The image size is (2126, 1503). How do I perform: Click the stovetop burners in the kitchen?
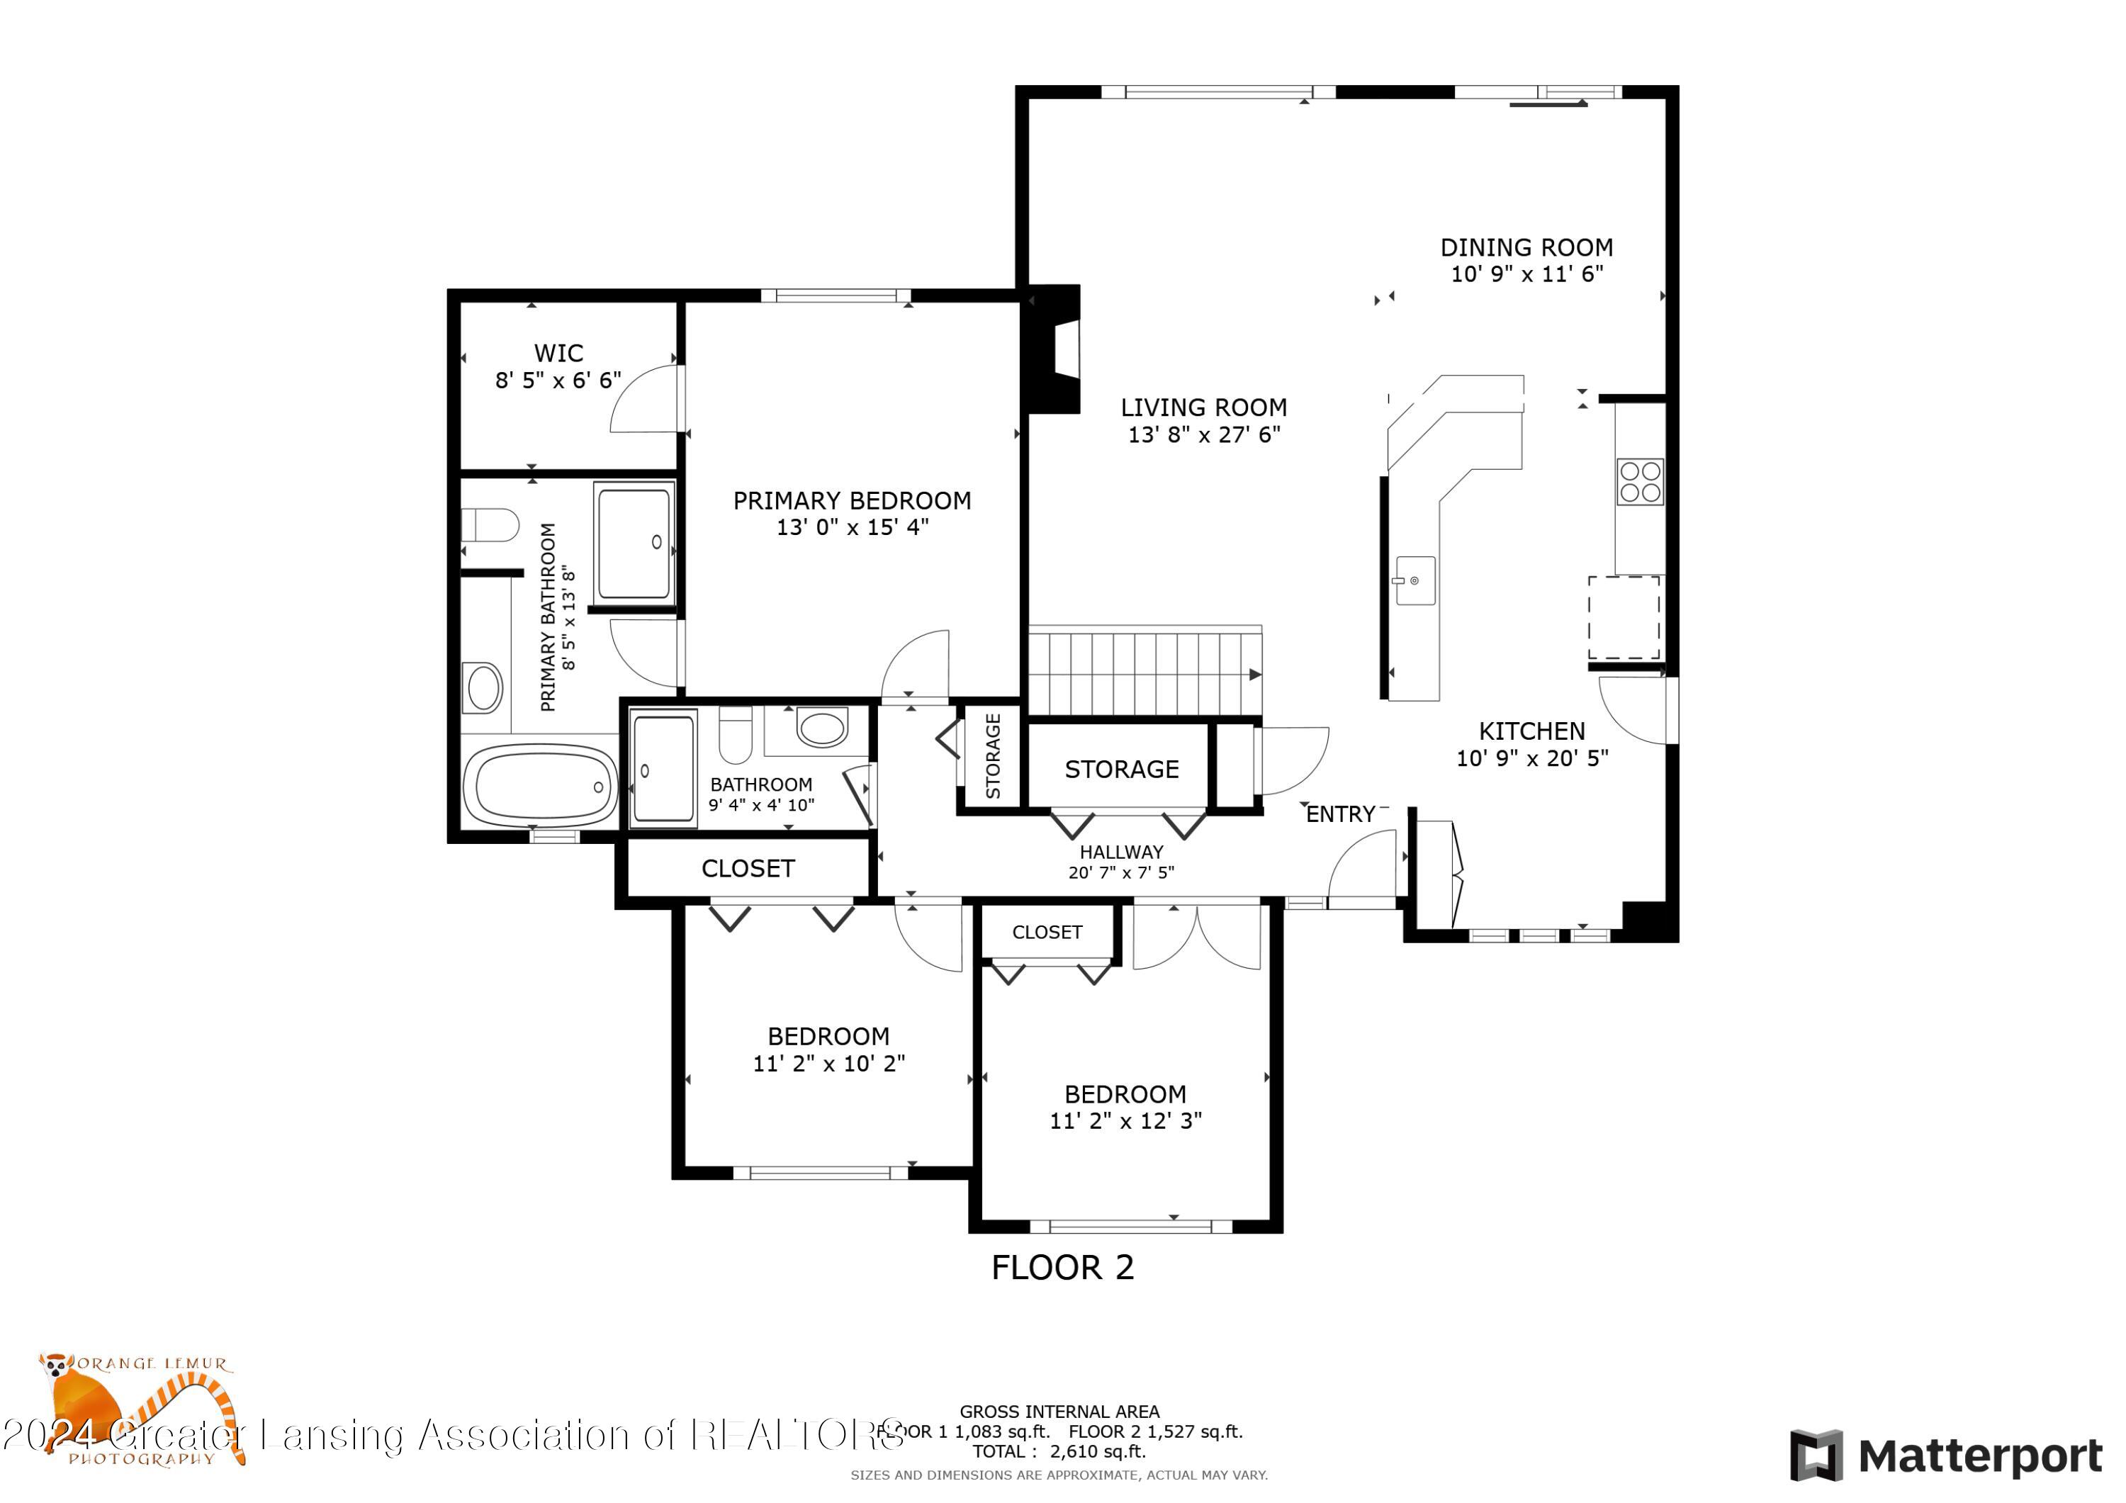(x=1640, y=482)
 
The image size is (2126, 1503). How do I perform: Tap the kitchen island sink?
(x=1415, y=580)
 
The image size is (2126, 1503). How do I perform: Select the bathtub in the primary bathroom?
(x=540, y=785)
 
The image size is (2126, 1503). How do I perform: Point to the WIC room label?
(x=558, y=353)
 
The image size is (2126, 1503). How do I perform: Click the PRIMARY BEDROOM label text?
(x=852, y=501)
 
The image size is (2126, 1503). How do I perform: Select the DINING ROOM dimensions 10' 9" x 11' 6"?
(x=1526, y=274)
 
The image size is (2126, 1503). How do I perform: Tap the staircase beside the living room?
(x=1144, y=673)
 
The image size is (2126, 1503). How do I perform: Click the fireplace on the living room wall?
(x=1056, y=349)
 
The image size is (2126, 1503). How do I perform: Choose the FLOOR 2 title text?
(x=1062, y=1268)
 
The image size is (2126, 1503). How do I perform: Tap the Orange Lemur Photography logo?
(x=139, y=1407)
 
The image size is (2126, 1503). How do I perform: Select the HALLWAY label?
(x=1120, y=852)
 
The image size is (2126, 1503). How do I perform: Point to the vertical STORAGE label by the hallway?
(x=993, y=755)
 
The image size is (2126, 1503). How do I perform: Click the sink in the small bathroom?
(x=821, y=727)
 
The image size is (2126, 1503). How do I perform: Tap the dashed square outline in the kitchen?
(x=1624, y=618)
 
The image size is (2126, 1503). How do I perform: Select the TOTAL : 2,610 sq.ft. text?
(x=1058, y=1451)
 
